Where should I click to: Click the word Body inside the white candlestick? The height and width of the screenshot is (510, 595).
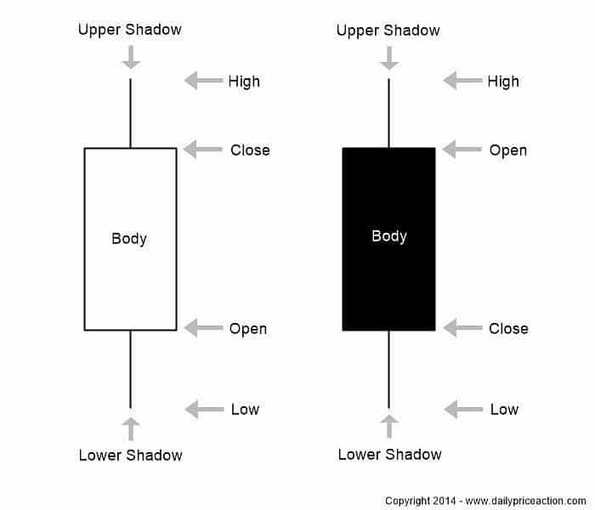tap(129, 239)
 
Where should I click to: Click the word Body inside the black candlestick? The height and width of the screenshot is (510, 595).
tap(388, 235)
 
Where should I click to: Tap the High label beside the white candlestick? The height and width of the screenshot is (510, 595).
tap(244, 82)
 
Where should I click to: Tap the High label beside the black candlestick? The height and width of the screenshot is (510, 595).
tap(503, 82)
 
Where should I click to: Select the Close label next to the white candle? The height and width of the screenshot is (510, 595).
tap(250, 150)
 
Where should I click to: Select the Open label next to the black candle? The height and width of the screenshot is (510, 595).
tap(508, 150)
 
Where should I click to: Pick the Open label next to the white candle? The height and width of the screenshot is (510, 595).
tap(248, 328)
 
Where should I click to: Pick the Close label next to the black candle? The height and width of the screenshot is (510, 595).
tap(508, 328)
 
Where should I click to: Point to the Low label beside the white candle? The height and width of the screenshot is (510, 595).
tap(245, 409)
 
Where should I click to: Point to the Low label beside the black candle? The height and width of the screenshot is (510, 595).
tap(504, 409)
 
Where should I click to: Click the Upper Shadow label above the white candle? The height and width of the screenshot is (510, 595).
tap(130, 30)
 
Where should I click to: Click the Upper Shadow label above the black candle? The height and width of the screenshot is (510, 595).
tap(388, 31)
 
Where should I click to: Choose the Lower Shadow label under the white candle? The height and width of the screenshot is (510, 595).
tap(131, 455)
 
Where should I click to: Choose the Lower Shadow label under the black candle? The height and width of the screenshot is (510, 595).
tap(390, 455)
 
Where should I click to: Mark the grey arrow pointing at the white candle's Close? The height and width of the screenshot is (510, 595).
tap(202, 150)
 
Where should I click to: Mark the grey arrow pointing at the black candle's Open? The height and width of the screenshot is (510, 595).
tap(462, 150)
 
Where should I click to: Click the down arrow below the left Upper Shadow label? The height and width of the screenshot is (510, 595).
tap(130, 57)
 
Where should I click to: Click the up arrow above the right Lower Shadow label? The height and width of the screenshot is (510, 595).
tap(388, 428)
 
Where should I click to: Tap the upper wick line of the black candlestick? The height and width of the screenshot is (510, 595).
tap(388, 113)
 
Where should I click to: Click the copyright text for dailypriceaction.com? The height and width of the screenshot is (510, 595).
tap(485, 501)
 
